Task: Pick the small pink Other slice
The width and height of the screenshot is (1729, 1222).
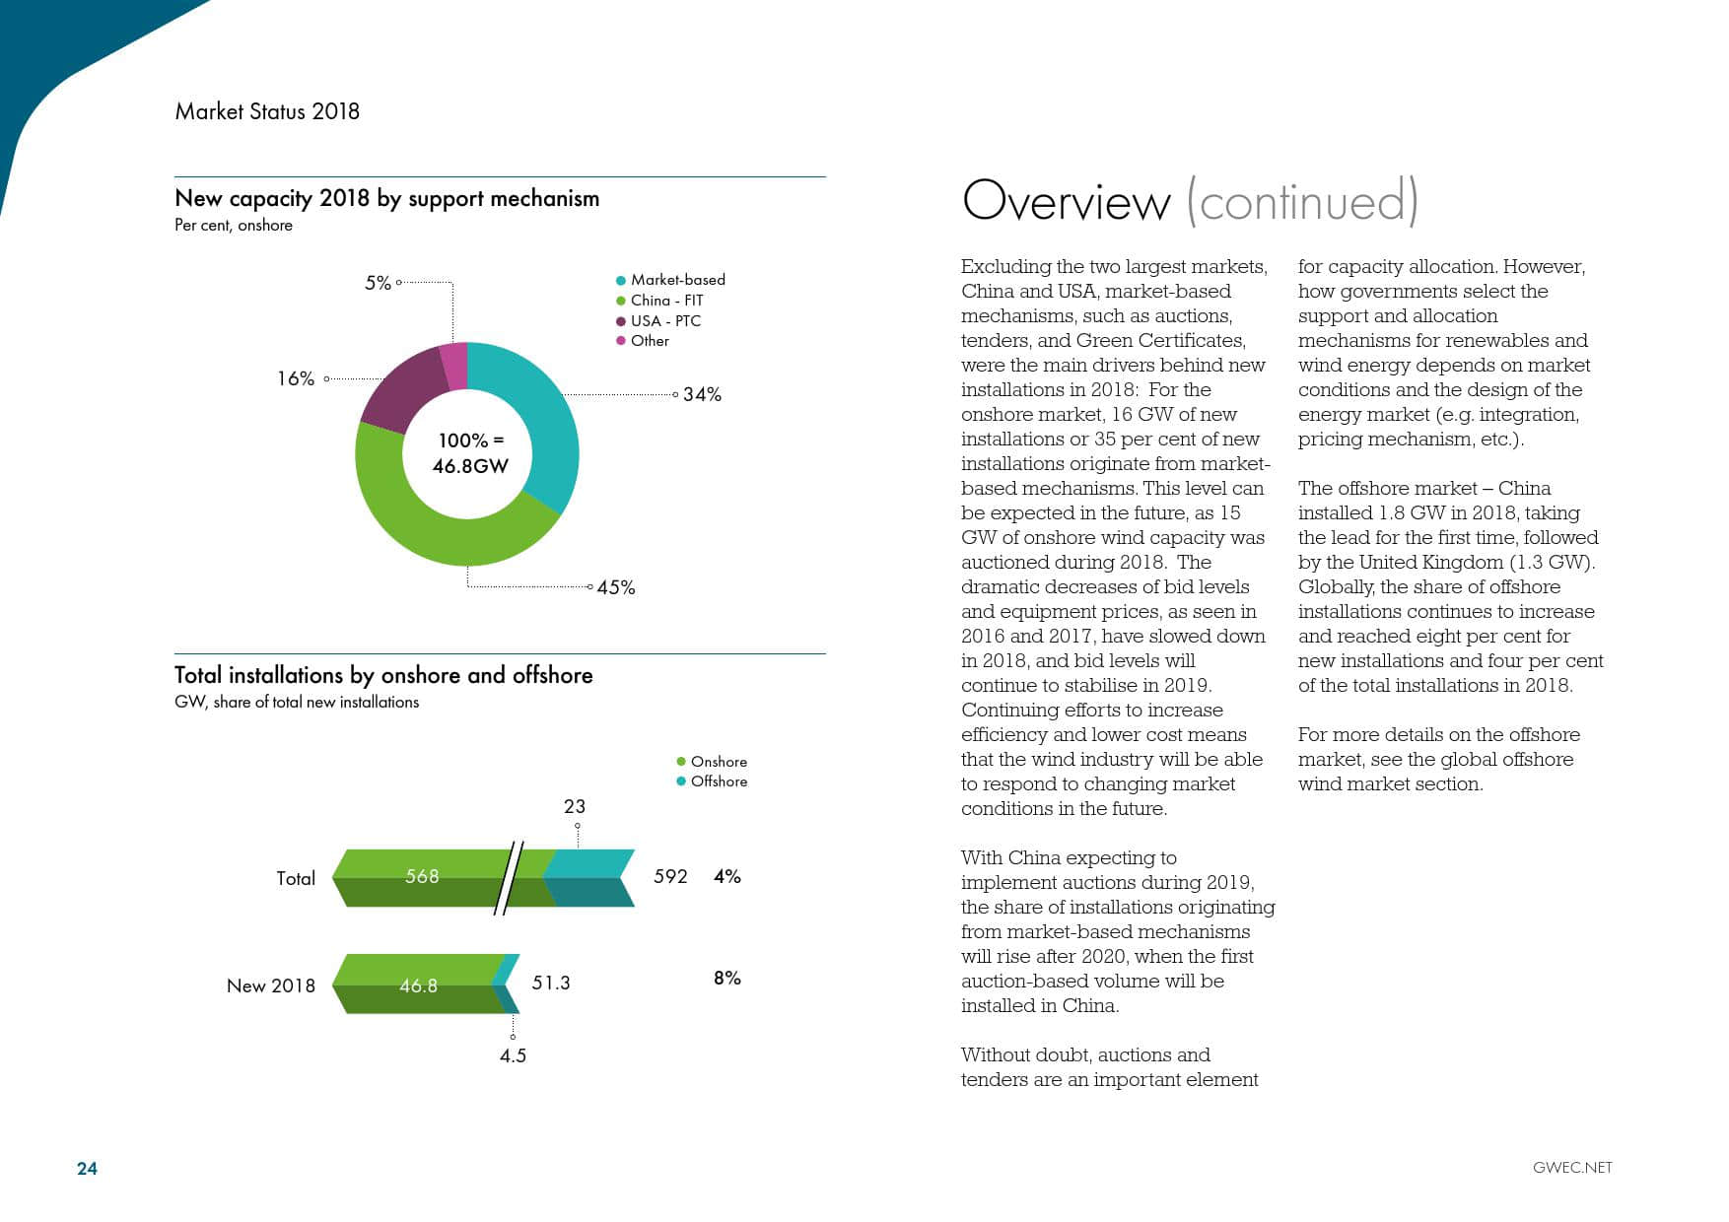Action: coord(454,366)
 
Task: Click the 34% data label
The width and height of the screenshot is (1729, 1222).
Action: coord(702,394)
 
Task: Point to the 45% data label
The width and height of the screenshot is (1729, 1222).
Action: coord(616,587)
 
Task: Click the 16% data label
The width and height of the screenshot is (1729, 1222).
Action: coord(296,378)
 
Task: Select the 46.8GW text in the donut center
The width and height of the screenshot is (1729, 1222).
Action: coord(470,466)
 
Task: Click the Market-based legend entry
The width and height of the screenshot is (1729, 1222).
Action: coord(677,280)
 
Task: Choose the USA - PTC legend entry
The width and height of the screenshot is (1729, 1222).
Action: coord(665,321)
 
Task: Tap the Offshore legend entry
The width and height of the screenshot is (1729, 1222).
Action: coord(719,781)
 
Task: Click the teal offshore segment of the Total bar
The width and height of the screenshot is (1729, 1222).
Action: coord(588,876)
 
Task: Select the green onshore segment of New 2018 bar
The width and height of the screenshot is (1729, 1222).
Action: coord(418,984)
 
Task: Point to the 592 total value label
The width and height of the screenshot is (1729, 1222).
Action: coord(670,876)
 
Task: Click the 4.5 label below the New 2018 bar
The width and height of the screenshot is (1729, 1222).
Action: coord(513,1055)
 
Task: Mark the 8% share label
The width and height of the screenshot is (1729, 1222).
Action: coord(726,978)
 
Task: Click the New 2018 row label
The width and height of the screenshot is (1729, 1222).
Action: coord(271,985)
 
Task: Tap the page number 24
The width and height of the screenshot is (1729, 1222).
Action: coord(87,1168)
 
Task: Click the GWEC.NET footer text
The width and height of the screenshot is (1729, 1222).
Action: coord(1572,1168)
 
